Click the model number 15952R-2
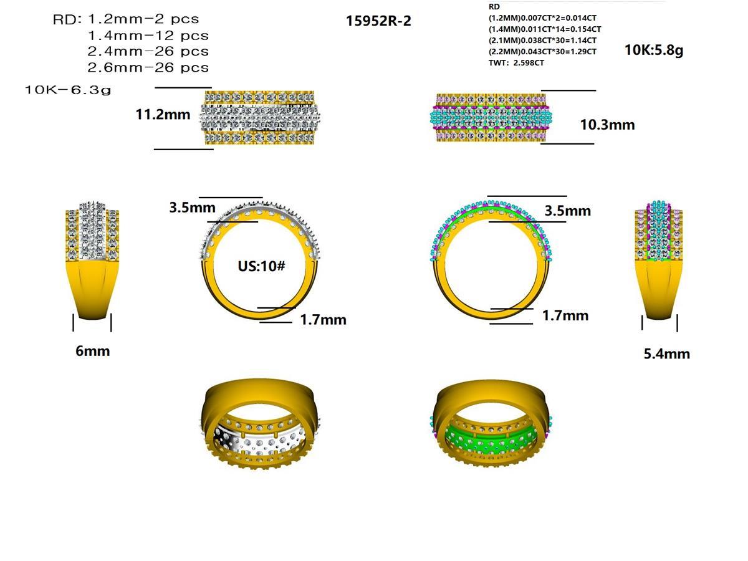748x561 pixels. point(378,21)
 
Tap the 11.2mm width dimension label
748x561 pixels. point(163,114)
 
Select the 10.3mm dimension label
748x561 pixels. point(607,125)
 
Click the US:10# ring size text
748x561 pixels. point(261,266)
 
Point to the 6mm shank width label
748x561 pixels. point(93,351)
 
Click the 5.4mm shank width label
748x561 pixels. point(666,354)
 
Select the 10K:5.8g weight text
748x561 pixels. point(654,50)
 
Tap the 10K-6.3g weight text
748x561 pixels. point(68,90)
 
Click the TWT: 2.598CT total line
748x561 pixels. point(516,63)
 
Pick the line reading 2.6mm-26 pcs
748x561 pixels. point(148,67)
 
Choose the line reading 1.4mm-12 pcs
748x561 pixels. point(148,36)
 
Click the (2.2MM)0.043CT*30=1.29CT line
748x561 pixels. point(542,52)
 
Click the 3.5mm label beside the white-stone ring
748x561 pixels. point(193,207)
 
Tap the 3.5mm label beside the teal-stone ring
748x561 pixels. point(567,211)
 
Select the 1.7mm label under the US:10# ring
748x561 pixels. point(323,320)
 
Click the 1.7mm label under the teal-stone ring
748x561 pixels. point(565,316)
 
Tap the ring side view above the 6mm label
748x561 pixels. point(92,262)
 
